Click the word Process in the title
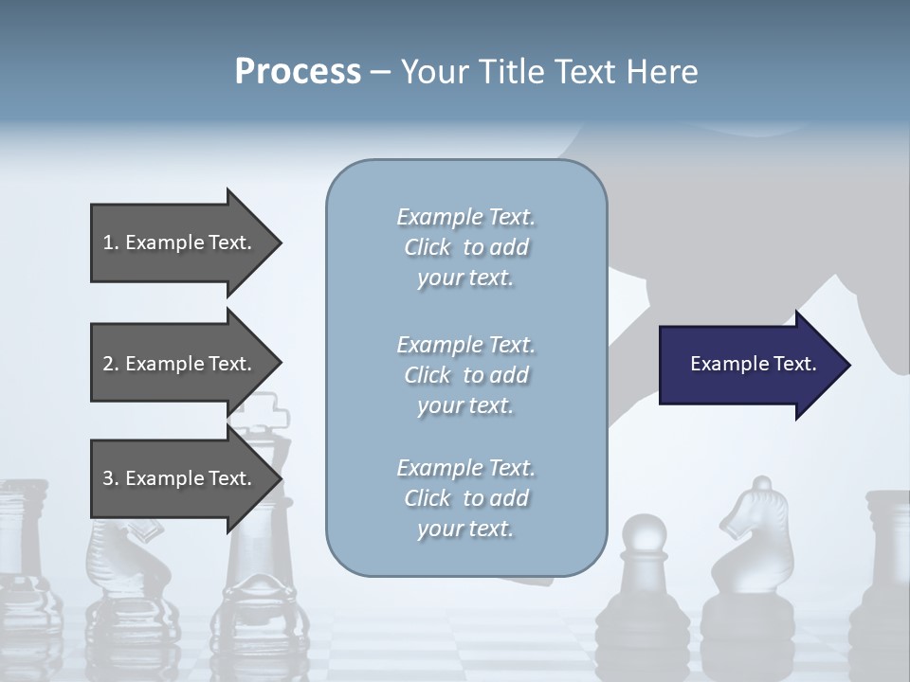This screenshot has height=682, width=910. coord(298,72)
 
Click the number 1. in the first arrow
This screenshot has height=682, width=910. coord(111,242)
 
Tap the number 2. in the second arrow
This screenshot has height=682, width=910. coord(111,364)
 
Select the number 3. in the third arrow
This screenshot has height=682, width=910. coord(111,478)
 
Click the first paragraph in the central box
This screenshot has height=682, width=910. coord(465,247)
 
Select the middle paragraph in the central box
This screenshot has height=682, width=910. coord(465,375)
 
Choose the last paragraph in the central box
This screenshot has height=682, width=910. coord(465,498)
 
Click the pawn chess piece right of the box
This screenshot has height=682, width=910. coord(645,587)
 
